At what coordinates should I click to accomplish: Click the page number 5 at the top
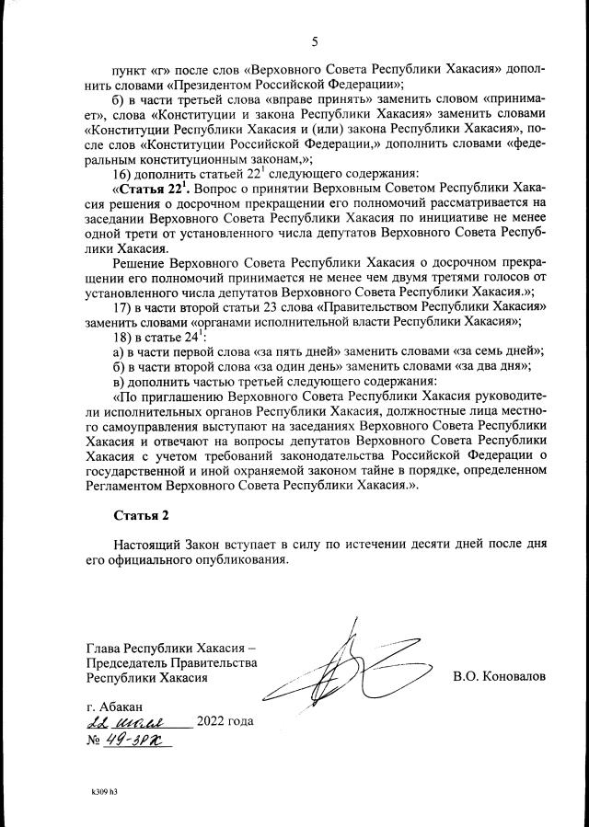[x=315, y=41]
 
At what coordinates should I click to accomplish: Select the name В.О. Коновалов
[x=499, y=676]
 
